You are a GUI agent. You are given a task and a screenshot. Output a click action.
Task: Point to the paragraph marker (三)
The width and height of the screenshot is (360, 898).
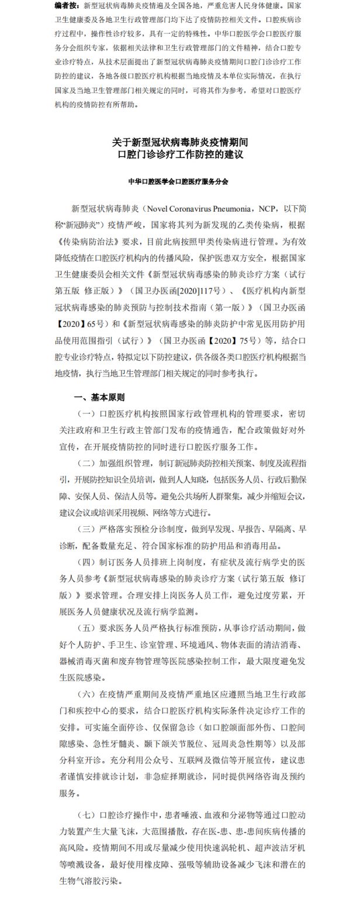tap(86, 531)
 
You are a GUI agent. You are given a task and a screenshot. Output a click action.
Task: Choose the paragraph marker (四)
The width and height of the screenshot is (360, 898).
tap(86, 562)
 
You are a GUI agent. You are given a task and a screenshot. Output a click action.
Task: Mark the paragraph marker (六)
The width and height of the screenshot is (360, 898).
tap(86, 694)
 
